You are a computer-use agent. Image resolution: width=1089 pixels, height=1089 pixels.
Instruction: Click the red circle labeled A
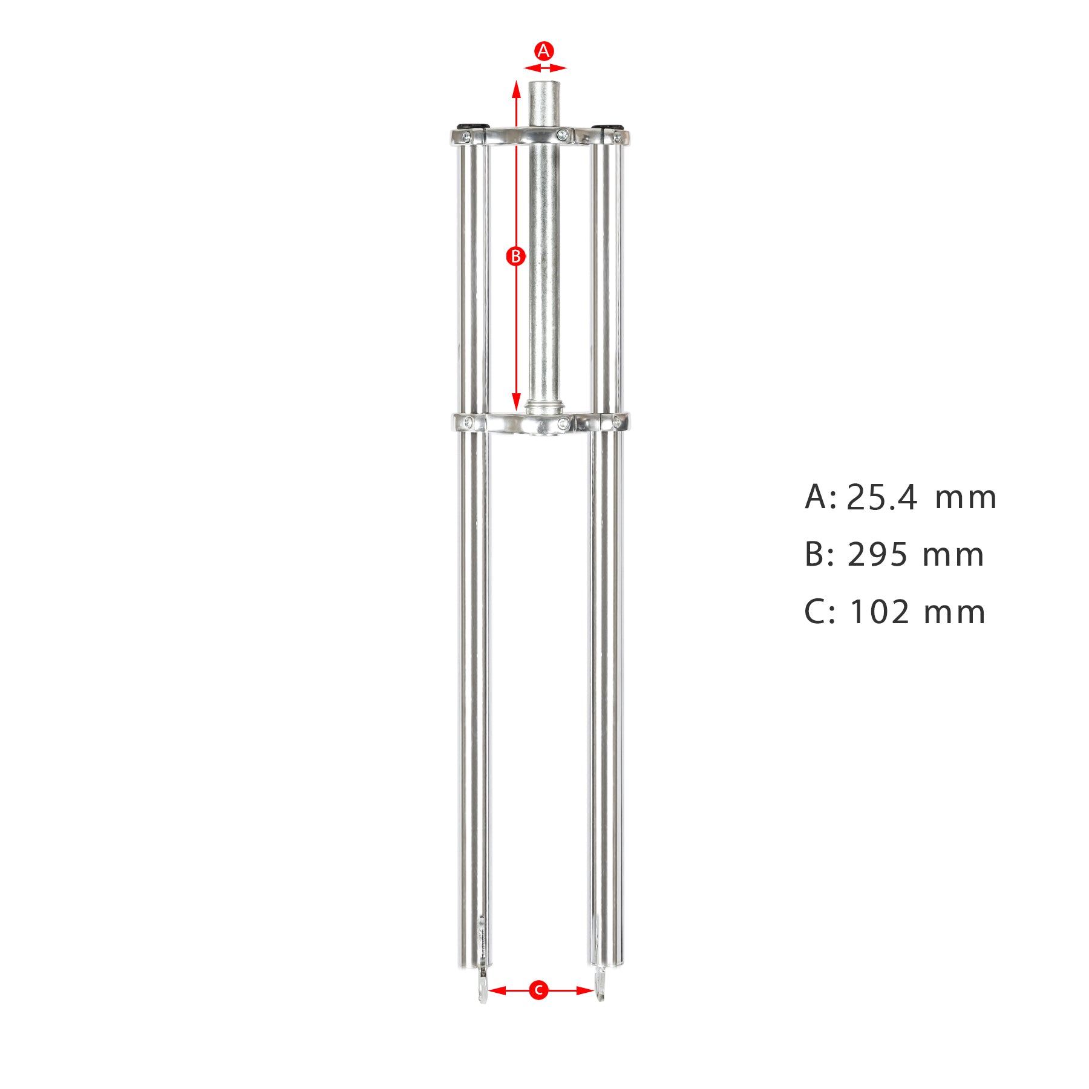click(544, 51)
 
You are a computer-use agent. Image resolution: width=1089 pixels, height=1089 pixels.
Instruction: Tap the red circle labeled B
click(515, 256)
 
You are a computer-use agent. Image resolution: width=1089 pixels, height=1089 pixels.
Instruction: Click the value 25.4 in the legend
click(881, 498)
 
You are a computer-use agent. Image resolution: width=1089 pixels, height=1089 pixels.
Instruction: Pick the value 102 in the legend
click(880, 612)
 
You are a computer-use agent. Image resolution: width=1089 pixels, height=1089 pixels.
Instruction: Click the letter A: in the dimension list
click(820, 498)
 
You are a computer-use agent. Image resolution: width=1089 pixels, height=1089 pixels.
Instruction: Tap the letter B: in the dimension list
click(820, 555)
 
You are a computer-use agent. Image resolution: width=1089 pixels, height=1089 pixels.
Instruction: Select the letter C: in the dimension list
click(820, 612)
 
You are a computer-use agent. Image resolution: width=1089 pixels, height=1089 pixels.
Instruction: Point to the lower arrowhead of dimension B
click(516, 402)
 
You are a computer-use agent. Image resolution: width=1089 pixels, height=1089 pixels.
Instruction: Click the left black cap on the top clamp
click(472, 125)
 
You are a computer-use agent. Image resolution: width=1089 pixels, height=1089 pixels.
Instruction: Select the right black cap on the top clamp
click(607, 126)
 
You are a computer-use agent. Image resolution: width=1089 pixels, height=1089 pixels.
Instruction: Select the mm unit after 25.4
click(965, 498)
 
